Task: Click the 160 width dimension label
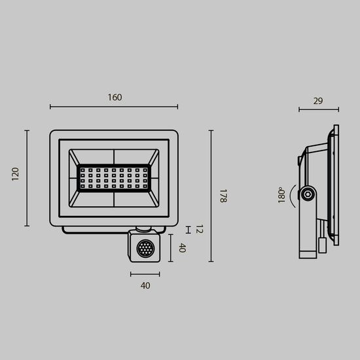tap(114, 98)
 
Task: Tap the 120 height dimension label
tap(16, 173)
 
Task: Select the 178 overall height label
tap(223, 196)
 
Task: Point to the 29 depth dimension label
tap(318, 101)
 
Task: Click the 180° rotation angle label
tap(281, 194)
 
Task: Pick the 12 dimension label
tap(200, 229)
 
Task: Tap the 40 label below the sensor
tap(145, 285)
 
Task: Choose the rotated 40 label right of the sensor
tap(183, 248)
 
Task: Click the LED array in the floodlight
tap(114, 177)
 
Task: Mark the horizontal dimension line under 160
tap(114, 106)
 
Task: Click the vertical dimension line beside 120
tap(27, 178)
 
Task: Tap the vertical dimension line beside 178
tap(211, 196)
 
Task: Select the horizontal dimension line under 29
tap(319, 109)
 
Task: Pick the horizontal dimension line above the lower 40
tap(145, 274)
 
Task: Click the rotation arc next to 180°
tap(291, 194)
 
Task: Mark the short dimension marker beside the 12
tap(189, 229)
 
